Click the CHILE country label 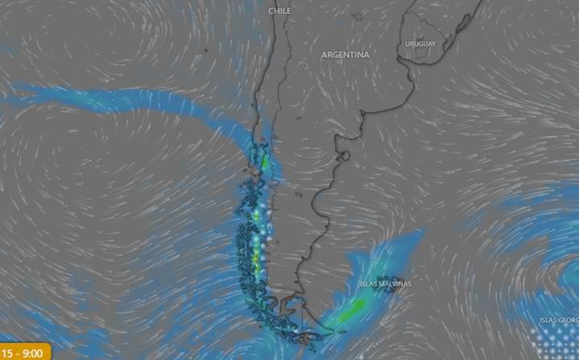click(279, 11)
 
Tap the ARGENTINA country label click(345, 55)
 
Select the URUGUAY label click(420, 43)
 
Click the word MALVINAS click(395, 284)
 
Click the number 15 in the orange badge click(6, 353)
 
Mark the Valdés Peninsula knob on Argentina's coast click(344, 155)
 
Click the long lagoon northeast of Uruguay click(456, 32)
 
